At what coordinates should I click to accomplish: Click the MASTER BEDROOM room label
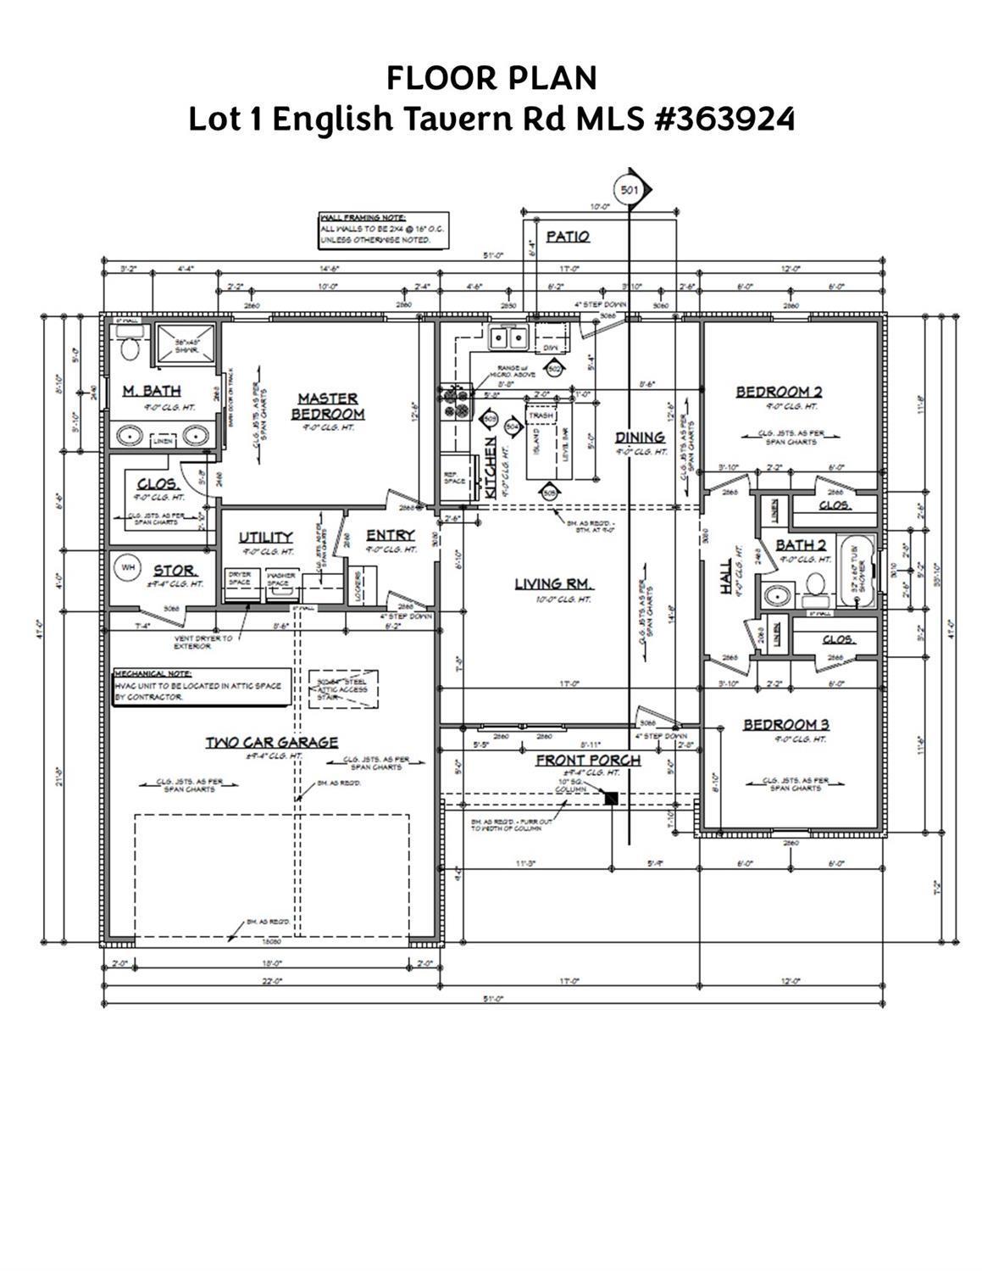tap(328, 405)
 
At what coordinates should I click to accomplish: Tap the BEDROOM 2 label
tap(778, 392)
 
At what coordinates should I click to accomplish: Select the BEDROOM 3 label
tap(785, 724)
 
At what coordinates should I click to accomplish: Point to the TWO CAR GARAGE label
tap(272, 742)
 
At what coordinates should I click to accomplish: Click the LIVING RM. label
tap(554, 583)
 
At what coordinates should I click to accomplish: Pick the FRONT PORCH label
tap(587, 760)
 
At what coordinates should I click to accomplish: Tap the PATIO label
tap(567, 237)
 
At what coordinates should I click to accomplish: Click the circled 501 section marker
tap(629, 190)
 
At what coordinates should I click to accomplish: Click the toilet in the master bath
tap(129, 347)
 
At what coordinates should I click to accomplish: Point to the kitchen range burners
tap(455, 402)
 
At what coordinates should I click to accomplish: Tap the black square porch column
tap(610, 797)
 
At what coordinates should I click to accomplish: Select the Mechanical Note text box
tap(202, 685)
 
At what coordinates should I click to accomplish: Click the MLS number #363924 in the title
tap(725, 119)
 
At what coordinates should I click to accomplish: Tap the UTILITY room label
tap(265, 537)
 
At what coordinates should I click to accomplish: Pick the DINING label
tap(640, 438)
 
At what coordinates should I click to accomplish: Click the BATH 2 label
tap(801, 544)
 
